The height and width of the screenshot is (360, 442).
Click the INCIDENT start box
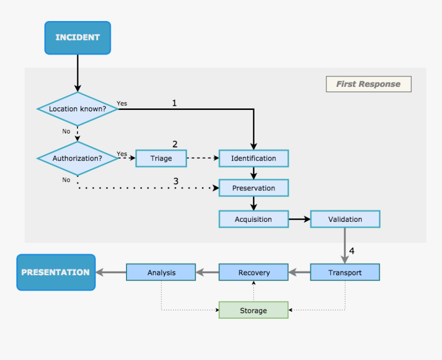pyautogui.click(x=78, y=37)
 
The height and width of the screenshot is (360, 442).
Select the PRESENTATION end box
pyautogui.click(x=56, y=272)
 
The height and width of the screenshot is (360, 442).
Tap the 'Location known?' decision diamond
pyautogui.click(x=78, y=109)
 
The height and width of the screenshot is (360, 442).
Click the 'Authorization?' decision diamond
pyautogui.click(x=78, y=158)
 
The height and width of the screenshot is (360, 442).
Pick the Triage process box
pyautogui.click(x=161, y=158)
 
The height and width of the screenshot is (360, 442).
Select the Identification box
pyautogui.click(x=253, y=158)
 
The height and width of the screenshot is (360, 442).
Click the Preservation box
pyautogui.click(x=253, y=188)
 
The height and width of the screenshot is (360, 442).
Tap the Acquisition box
pyautogui.click(x=253, y=219)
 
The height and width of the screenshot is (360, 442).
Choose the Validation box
pyautogui.click(x=345, y=219)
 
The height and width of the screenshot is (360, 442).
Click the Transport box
pyautogui.click(x=345, y=273)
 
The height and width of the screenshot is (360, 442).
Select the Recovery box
pyautogui.click(x=253, y=273)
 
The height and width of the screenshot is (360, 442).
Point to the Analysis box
pyautogui.click(x=161, y=273)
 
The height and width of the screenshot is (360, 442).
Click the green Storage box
pyautogui.click(x=253, y=310)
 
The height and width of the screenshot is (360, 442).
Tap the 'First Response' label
pyautogui.click(x=369, y=84)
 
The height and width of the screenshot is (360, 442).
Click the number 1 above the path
pyautogui.click(x=174, y=103)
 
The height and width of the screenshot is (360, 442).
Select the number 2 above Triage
pyautogui.click(x=175, y=144)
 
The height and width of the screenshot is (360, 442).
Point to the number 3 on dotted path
pyautogui.click(x=176, y=181)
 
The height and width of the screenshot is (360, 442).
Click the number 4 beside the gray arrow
pyautogui.click(x=352, y=251)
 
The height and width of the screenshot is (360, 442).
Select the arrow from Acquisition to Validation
pyautogui.click(x=299, y=219)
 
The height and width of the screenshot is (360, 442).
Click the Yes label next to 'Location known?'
pyautogui.click(x=122, y=103)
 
